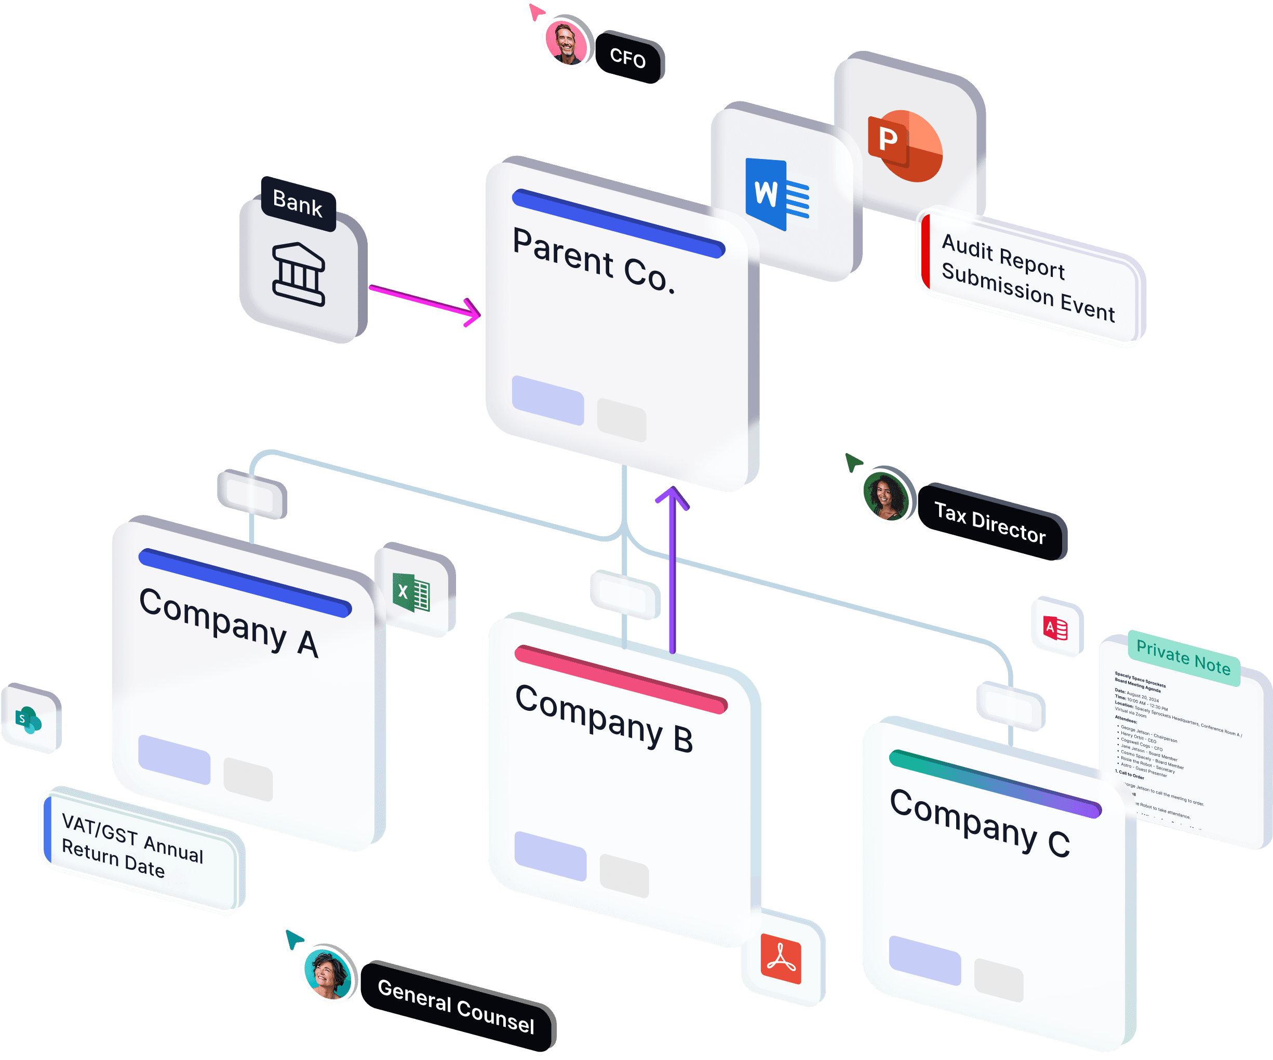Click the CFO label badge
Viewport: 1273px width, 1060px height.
click(x=628, y=58)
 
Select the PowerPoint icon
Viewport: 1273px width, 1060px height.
click(x=906, y=145)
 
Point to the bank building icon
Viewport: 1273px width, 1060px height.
click(x=299, y=274)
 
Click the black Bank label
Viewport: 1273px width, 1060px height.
click(x=298, y=203)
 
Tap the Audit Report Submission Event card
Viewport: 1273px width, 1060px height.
click(x=1029, y=278)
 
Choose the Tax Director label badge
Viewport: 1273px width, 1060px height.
click(x=990, y=523)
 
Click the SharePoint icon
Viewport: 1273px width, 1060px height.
click(x=29, y=720)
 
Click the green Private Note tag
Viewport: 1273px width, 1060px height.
click(x=1183, y=657)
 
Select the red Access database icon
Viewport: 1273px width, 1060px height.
click(x=1055, y=628)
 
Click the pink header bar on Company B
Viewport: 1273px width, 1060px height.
click(x=621, y=679)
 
